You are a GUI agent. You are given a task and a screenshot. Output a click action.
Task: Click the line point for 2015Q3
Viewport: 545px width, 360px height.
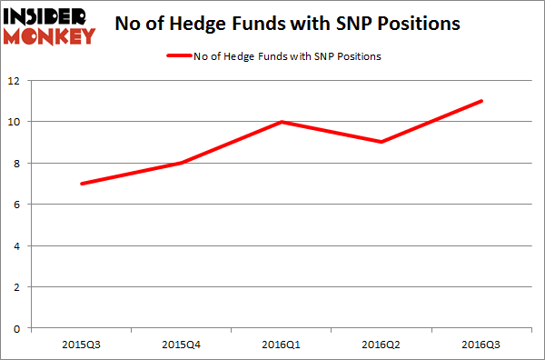83,184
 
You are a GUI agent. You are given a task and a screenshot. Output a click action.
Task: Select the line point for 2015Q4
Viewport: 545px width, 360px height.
182,163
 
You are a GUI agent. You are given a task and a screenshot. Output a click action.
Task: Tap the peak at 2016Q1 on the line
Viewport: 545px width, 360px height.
281,122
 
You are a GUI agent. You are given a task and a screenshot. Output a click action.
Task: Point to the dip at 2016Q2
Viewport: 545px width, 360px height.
381,142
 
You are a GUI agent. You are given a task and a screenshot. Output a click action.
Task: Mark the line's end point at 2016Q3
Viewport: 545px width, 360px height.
480,101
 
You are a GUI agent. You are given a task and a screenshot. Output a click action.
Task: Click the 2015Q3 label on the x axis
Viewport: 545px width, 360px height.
83,344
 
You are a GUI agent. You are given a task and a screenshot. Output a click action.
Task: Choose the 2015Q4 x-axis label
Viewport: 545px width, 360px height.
182,344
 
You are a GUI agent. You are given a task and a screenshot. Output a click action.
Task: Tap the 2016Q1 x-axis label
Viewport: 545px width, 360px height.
281,344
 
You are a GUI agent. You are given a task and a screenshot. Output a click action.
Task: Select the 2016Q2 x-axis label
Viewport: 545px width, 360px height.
381,344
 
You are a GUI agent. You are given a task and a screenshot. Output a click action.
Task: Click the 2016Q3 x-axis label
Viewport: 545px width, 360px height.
480,344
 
